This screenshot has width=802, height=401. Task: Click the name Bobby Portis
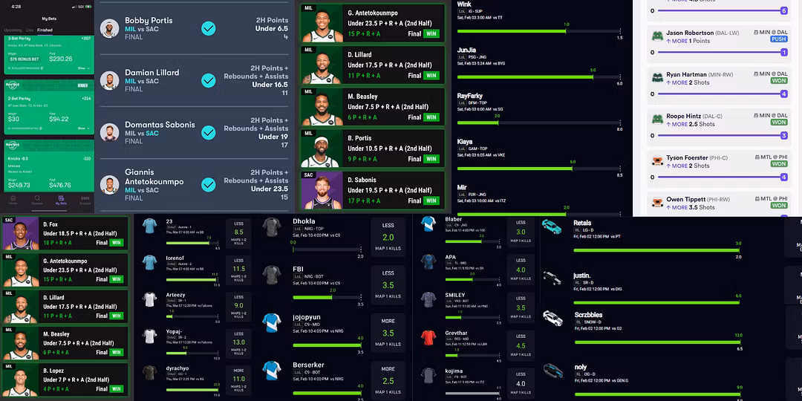149,21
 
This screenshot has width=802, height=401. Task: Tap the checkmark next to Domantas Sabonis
209,132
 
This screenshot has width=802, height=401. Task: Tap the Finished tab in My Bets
45,30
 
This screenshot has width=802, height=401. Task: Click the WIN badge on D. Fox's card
117,242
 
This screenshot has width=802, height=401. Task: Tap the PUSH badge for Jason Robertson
778,39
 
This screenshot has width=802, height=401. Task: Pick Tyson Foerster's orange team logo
657,160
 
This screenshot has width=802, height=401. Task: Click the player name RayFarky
470,96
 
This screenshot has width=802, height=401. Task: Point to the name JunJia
467,50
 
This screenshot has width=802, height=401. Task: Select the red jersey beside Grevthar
428,339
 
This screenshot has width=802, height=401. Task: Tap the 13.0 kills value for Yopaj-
239,342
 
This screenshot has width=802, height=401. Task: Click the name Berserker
308,366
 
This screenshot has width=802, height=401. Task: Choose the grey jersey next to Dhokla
271,226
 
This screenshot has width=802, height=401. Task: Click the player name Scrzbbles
588,315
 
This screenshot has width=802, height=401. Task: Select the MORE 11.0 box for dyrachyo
239,374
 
